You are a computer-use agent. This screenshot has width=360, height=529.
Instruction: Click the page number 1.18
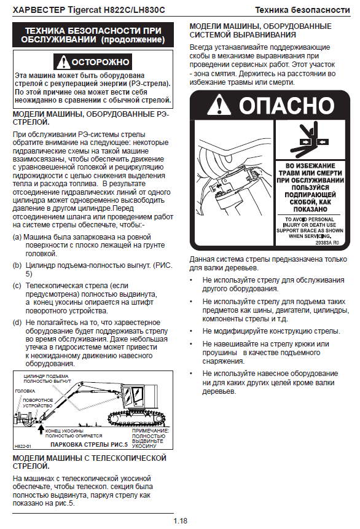pyautogui.click(x=180, y=521)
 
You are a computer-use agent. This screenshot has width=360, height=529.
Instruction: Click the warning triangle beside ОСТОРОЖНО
pyautogui.click(x=63, y=63)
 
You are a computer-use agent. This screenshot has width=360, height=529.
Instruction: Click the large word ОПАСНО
pyautogui.click(x=287, y=105)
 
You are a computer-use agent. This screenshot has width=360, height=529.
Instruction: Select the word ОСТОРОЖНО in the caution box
pyautogui.click(x=100, y=63)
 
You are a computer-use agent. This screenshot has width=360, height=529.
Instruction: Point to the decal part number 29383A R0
pyautogui.click(x=327, y=243)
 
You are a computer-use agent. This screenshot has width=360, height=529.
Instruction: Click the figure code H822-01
pyautogui.click(x=23, y=446)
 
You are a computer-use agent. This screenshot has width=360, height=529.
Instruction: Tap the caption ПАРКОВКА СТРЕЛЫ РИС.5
pyautogui.click(x=89, y=445)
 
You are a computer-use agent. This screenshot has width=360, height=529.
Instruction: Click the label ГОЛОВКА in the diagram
pyautogui.click(x=25, y=391)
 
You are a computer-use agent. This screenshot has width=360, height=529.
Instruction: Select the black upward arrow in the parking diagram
pyautogui.click(x=41, y=429)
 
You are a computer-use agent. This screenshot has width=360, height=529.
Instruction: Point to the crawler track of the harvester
pyautogui.click(x=135, y=417)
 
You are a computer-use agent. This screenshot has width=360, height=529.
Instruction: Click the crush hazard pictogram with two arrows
pyautogui.click(x=310, y=139)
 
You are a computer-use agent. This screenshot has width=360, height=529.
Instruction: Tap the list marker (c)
pyautogui.click(x=17, y=286)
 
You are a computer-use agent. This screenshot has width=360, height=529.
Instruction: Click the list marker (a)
pyautogui.click(x=17, y=237)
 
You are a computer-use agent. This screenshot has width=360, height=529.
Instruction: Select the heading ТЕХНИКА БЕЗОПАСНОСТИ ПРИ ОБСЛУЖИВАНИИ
pyautogui.click(x=93, y=35)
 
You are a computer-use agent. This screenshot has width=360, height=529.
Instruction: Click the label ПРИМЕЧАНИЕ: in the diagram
pyautogui.click(x=151, y=431)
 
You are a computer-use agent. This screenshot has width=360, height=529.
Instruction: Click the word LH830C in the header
pyautogui.click(x=149, y=10)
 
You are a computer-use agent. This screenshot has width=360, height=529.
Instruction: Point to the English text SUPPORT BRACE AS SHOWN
pyautogui.click(x=310, y=230)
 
